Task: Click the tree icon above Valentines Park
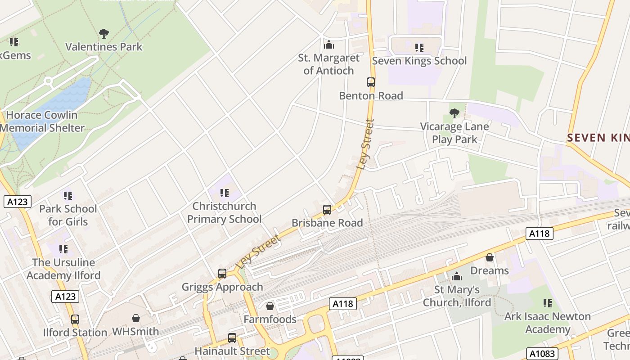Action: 104,34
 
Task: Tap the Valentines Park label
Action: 104,47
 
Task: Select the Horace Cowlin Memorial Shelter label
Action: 42,121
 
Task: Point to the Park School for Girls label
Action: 68,215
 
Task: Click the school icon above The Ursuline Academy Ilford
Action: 63,249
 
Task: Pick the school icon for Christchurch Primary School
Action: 224,193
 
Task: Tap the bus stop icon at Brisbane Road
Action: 327,210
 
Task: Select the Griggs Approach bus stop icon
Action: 222,274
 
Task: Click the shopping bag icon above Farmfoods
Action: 270,306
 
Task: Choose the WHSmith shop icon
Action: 136,319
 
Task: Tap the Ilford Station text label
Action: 75,333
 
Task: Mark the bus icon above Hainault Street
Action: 232,338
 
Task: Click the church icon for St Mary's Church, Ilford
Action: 457,276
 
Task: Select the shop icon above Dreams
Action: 490,257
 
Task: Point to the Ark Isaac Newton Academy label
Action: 547,323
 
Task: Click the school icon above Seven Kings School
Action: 419,48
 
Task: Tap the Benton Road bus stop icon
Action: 371,82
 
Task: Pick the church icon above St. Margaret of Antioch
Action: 329,45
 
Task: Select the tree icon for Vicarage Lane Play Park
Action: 454,113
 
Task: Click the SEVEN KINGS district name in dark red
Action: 598,138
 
